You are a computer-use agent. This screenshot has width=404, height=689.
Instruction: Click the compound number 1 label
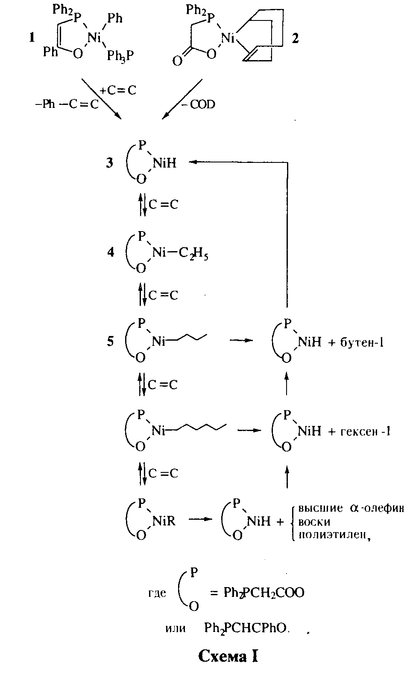31,38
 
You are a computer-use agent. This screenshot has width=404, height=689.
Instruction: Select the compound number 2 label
295,39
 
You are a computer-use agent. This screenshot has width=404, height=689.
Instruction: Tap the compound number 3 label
110,163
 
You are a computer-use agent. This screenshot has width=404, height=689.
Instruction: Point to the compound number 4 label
111,252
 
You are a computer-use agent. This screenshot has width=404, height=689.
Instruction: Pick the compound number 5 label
110,342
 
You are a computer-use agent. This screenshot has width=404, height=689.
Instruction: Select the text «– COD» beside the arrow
199,104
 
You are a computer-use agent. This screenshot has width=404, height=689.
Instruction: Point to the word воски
315,522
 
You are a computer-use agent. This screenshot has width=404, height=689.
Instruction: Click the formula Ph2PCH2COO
263,593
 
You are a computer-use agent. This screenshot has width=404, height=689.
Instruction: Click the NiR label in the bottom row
164,521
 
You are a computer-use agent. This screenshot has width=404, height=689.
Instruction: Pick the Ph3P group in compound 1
123,56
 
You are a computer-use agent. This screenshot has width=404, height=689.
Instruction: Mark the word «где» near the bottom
157,593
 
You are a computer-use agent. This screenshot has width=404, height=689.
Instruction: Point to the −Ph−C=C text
66,104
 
